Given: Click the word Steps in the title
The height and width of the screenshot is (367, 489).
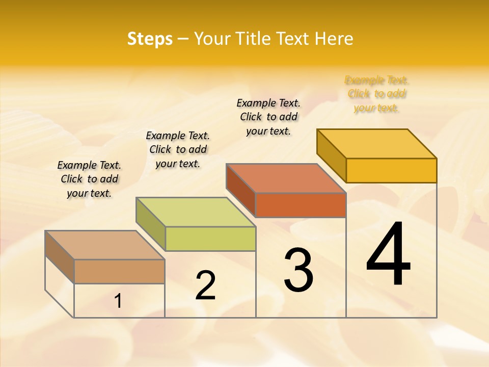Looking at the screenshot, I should tap(150, 39).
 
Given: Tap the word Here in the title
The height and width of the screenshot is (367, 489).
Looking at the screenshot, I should tap(334, 39).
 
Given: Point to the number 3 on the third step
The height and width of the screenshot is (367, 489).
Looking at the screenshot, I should tap(298, 270).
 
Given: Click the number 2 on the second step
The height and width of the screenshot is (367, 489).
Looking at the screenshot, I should tap(205, 285).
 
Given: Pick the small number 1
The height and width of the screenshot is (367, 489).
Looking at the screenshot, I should tap(118, 301).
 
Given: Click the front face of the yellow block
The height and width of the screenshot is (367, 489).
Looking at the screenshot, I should tap(391, 170).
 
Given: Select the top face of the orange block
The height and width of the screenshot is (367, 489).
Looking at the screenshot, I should tap(286, 178).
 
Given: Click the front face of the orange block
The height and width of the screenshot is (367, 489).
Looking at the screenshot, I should tap(301, 205).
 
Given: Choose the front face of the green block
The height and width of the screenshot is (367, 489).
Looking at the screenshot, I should tap(210, 239).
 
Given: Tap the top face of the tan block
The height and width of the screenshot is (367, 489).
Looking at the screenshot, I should tap(105, 245).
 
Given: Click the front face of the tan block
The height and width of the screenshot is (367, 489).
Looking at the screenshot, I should tap(119, 271).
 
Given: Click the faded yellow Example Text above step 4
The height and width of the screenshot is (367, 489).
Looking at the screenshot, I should tap(376, 94).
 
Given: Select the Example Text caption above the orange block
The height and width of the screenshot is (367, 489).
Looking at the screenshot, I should tap(268, 117).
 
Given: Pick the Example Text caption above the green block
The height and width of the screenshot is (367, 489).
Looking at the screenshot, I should tap(178, 149).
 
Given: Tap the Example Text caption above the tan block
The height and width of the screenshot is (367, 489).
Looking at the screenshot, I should tap(89, 179).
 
